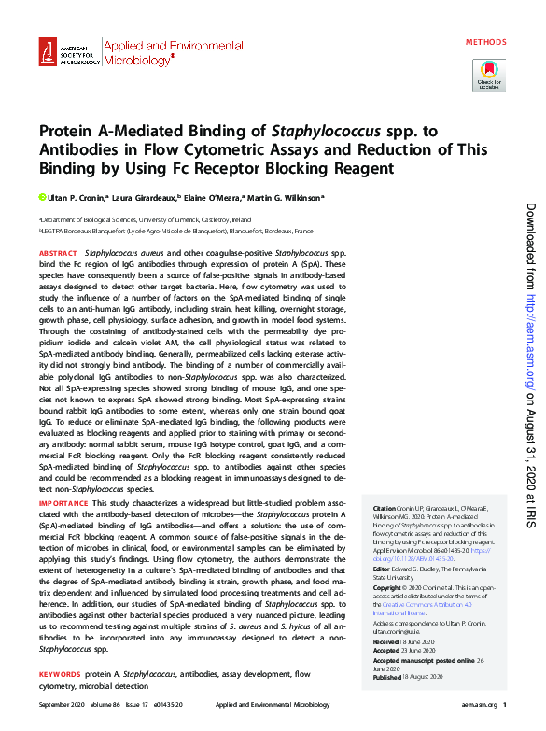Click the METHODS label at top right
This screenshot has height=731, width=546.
[486, 42]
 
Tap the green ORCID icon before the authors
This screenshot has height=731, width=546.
[41, 198]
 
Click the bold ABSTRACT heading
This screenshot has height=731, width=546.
[58, 253]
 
